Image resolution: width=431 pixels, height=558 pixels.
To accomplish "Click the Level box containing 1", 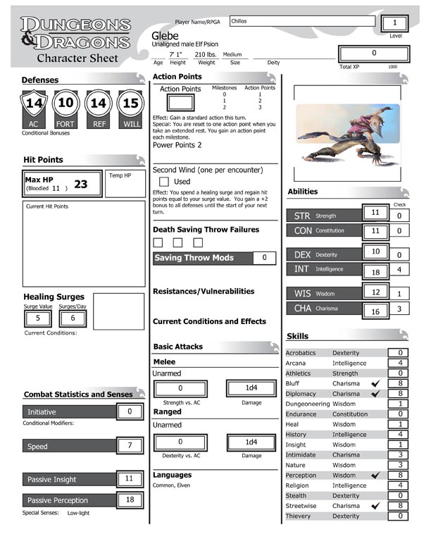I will pyautogui.click(x=396, y=23).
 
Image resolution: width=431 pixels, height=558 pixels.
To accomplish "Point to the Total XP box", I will pyautogui.click(x=373, y=53).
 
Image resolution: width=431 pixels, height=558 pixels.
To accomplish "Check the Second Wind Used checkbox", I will pyautogui.click(x=163, y=182).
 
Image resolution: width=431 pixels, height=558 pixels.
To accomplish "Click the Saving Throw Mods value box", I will pyautogui.click(x=264, y=259).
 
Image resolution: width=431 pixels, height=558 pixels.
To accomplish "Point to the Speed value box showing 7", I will pyautogui.click(x=130, y=446).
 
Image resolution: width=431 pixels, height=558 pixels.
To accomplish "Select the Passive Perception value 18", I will pyautogui.click(x=130, y=500).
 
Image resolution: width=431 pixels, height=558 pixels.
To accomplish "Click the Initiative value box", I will pyautogui.click(x=130, y=411).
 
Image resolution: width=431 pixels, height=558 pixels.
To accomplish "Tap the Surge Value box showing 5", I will pyautogui.click(x=38, y=318).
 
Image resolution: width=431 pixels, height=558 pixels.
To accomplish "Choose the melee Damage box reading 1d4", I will pyautogui.click(x=251, y=388).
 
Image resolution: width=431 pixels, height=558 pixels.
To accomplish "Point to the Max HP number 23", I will pyautogui.click(x=81, y=185).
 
